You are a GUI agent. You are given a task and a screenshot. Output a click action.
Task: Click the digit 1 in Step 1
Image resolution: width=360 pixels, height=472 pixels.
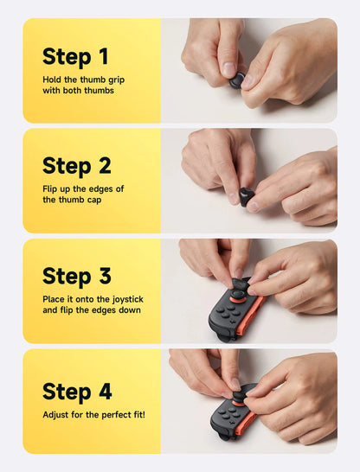103,57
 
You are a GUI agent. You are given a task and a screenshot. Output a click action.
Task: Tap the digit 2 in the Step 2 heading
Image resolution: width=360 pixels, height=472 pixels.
104,166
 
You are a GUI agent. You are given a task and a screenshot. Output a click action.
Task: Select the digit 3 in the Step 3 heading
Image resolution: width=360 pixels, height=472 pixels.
104,277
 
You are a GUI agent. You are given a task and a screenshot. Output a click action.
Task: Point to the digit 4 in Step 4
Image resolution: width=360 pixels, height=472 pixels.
104,391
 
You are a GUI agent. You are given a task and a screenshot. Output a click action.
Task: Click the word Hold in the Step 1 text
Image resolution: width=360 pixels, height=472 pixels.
52,79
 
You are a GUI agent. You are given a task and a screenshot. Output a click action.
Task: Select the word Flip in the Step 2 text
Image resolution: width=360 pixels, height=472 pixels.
50,188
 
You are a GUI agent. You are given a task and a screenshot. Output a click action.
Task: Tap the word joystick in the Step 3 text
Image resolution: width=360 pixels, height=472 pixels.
122,298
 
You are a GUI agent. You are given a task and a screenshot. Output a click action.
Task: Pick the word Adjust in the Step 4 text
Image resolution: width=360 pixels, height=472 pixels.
56,415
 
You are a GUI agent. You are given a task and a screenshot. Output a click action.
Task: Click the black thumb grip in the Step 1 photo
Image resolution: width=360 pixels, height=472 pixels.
236,80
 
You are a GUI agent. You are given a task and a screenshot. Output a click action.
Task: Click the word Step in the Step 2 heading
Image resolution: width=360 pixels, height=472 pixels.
66,166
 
